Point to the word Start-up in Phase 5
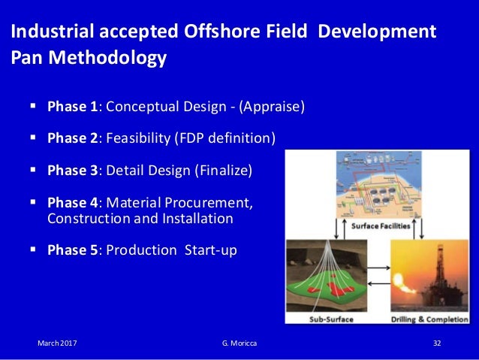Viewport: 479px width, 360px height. coord(211,250)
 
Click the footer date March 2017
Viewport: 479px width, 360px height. coord(57,343)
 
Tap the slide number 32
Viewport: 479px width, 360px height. coord(436,343)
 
